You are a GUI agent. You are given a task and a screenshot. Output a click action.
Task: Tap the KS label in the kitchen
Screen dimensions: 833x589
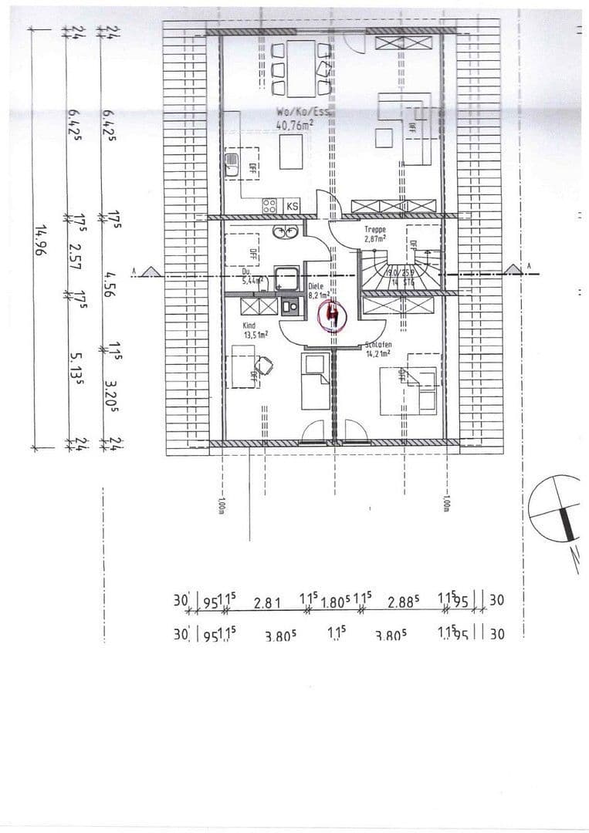(x=293, y=206)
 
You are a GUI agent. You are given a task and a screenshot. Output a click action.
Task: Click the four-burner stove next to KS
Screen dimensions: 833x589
(x=270, y=206)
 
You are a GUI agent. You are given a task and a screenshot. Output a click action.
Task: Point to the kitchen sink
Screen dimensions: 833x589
(x=231, y=166)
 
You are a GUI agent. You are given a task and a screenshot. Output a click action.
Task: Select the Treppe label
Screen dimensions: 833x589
(x=375, y=230)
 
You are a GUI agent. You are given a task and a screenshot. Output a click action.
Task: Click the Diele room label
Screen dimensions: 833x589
(x=316, y=286)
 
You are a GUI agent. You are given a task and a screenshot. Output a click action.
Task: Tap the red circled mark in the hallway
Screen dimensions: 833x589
(x=333, y=315)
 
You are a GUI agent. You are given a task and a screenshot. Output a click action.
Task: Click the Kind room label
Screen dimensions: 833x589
(x=249, y=326)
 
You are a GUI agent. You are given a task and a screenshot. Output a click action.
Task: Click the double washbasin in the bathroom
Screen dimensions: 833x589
(x=283, y=231)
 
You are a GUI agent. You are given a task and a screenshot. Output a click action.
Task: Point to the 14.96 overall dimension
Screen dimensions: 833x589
(x=42, y=239)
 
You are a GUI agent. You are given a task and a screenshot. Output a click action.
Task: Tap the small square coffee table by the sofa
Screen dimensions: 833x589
(x=384, y=138)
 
